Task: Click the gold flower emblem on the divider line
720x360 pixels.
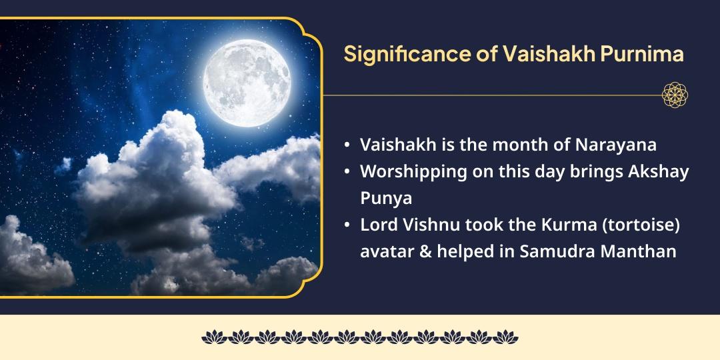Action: [675, 95]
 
